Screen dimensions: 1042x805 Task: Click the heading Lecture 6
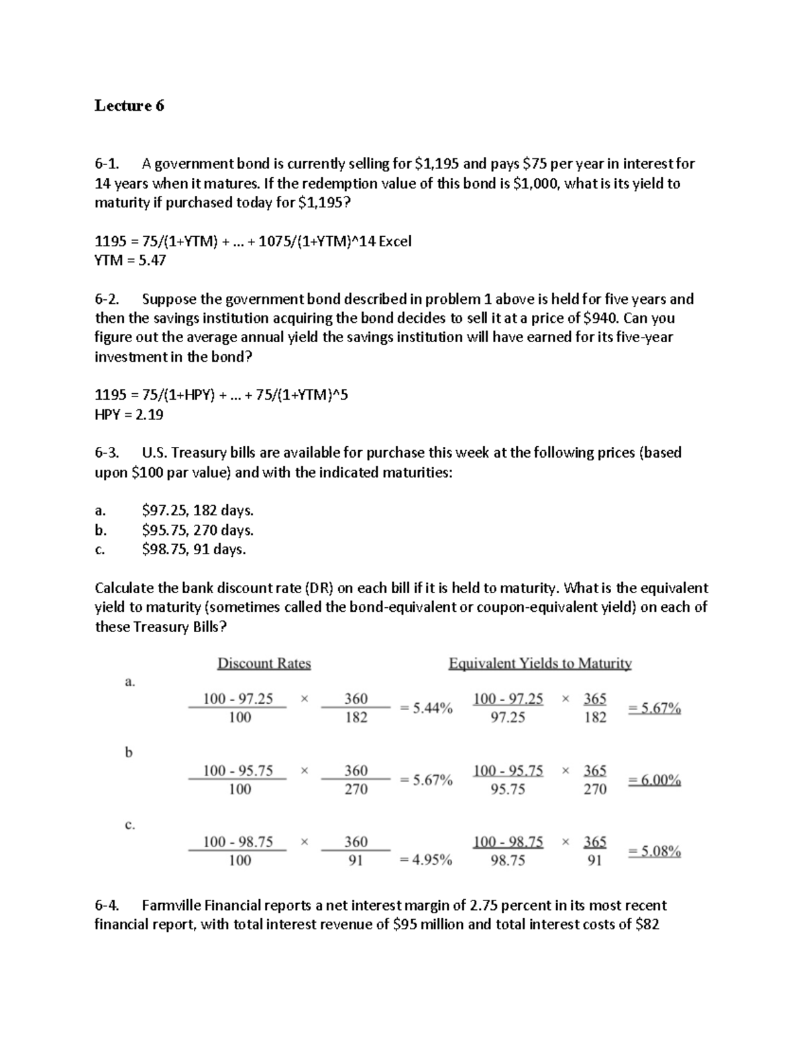click(x=129, y=105)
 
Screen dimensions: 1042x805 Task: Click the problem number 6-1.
click(x=107, y=164)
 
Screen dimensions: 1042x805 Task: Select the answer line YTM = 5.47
click(x=130, y=260)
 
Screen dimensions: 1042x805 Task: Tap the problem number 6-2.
click(x=107, y=299)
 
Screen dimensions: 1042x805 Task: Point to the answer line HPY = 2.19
click(x=129, y=415)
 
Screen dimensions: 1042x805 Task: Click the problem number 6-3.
click(x=107, y=453)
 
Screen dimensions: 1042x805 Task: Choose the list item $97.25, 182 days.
click(x=198, y=511)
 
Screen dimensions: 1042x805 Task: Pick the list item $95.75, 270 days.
click(x=198, y=530)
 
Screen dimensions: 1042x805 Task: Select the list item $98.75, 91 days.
click(x=194, y=550)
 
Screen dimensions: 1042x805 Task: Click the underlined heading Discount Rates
click(x=264, y=664)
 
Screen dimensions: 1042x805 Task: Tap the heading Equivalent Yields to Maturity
click(x=540, y=664)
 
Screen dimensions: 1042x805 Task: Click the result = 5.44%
click(x=426, y=708)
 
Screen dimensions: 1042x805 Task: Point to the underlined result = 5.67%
click(x=654, y=708)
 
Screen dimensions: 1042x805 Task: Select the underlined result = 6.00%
click(x=654, y=780)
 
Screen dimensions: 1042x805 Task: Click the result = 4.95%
click(x=426, y=859)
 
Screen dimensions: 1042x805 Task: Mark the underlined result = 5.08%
click(x=654, y=851)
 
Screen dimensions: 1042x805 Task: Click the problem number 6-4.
click(x=107, y=905)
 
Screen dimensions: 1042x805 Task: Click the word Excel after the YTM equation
click(x=394, y=241)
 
